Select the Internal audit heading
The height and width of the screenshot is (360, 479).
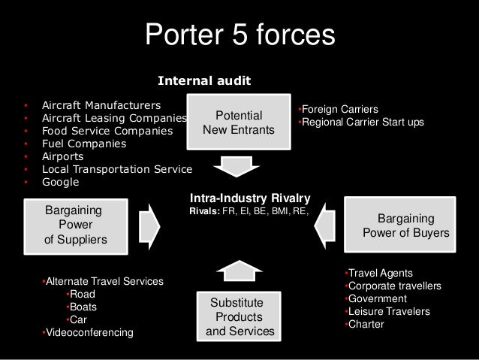tap(203, 80)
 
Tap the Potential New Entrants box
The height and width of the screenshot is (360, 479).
tap(239, 123)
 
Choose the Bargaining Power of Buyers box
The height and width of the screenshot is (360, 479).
tap(405, 225)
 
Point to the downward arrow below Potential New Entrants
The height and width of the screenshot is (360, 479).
tap(239, 165)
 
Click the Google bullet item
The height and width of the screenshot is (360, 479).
tap(60, 182)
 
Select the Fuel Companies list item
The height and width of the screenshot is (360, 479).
tap(84, 143)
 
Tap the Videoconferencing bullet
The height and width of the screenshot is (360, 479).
tap(89, 332)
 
